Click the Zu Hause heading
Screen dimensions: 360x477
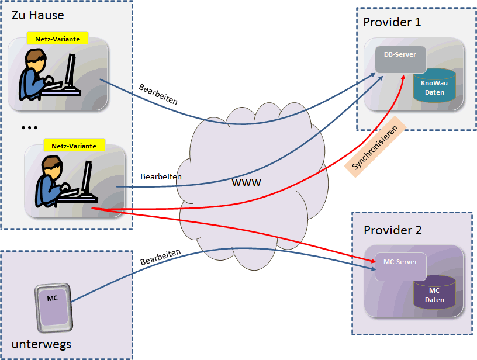pos(38,15)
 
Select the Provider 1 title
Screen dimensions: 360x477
pos(392,22)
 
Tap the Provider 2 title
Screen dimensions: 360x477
pos(392,230)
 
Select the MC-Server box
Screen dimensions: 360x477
pos(400,266)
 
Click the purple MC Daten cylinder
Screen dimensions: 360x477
pos(434,293)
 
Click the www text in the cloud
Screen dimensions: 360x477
pos(247,182)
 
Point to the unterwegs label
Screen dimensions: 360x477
pos(41,344)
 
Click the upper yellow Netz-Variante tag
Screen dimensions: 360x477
pos(57,38)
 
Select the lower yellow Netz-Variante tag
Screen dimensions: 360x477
pos(74,146)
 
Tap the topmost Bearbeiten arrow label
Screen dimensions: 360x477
pos(158,94)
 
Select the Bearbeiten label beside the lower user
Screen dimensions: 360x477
pos(161,176)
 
